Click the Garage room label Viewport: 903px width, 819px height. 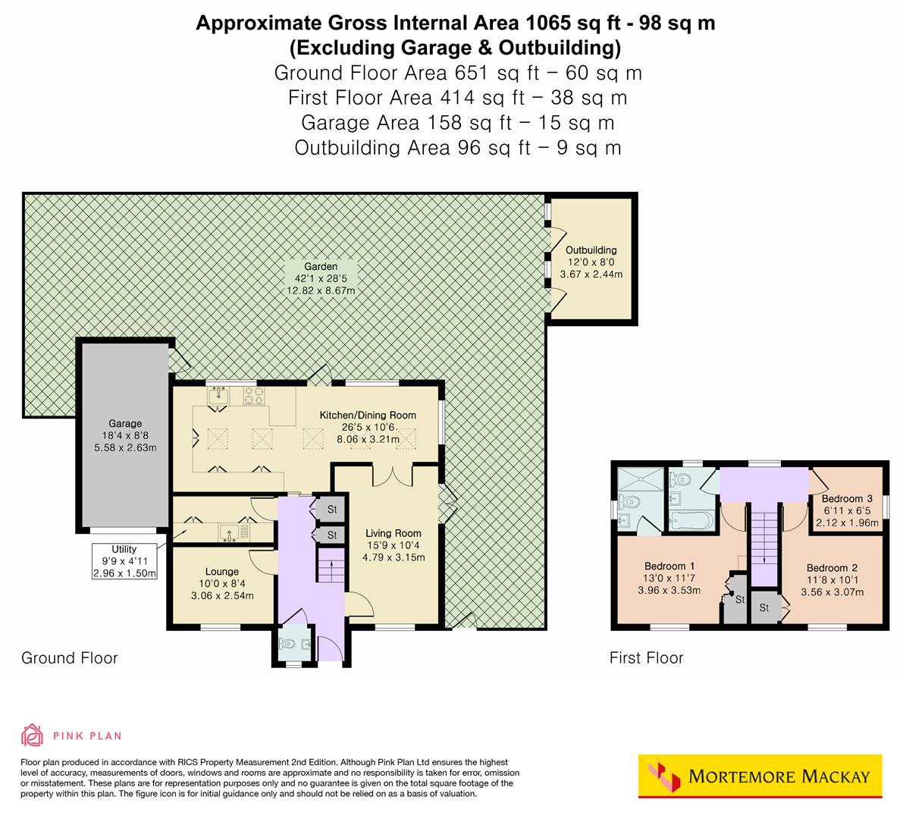click(125, 435)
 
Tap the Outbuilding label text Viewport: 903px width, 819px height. click(591, 262)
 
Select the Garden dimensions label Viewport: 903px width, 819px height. click(320, 278)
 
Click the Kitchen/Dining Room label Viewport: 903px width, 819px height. click(368, 427)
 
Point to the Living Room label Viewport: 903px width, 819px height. click(393, 544)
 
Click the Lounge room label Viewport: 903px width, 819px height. click(221, 583)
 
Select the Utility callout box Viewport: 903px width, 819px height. click(124, 561)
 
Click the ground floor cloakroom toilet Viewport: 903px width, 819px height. click(287, 645)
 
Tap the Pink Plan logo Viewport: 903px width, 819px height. click(71, 735)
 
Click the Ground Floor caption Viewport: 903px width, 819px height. click(69, 657)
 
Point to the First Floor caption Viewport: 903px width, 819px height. click(646, 658)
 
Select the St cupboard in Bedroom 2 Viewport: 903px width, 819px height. click(764, 607)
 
